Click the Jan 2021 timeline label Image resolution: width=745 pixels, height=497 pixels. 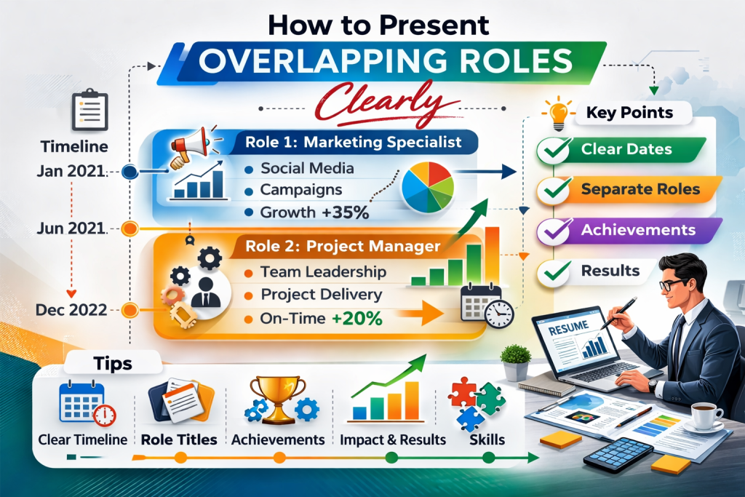click(71, 172)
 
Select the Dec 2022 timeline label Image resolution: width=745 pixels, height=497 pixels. click(71, 309)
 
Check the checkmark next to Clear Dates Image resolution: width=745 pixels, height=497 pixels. click(551, 151)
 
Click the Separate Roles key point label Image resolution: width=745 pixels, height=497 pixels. click(640, 190)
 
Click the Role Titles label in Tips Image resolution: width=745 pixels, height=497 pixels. click(178, 440)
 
